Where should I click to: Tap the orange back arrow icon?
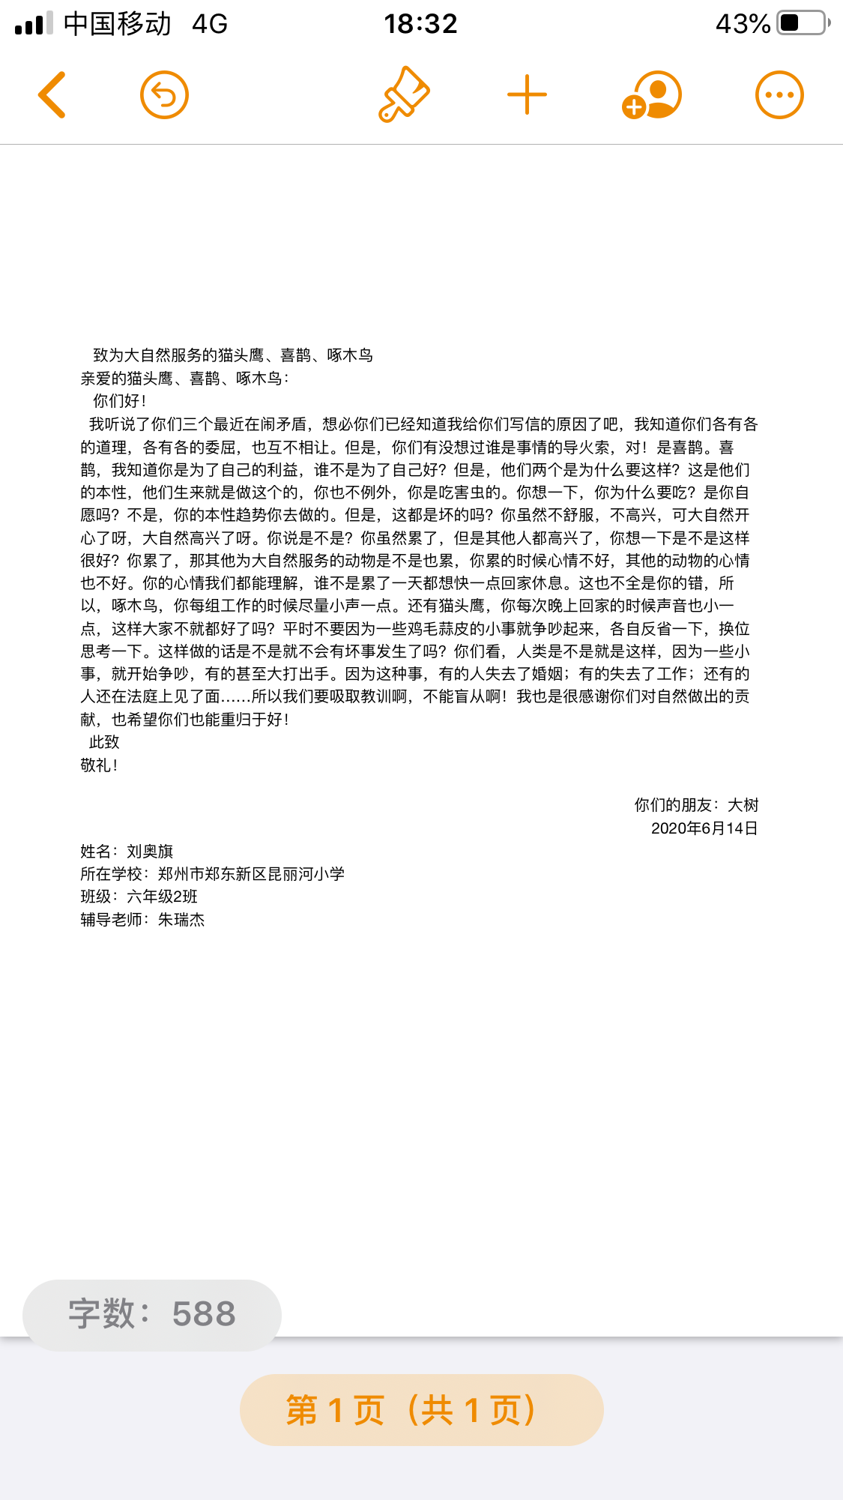coord(52,95)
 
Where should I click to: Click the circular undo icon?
coord(164,95)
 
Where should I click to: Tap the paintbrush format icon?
coord(404,94)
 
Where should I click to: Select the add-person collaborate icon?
coord(651,95)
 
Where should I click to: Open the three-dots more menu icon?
coord(779,95)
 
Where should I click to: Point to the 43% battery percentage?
coord(742,24)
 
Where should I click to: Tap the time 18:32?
coord(420,24)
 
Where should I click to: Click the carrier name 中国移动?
coord(117,24)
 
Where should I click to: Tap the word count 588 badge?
coord(152,1315)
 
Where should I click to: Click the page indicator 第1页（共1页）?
coord(421,1410)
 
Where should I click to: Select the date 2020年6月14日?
coord(704,828)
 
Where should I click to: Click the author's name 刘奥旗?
coord(150,852)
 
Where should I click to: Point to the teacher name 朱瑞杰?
coord(181,920)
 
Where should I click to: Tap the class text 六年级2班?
coord(162,897)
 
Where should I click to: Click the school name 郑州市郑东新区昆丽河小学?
coord(251,874)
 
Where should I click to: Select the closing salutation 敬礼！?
coord(99,765)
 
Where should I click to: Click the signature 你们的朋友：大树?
coord(696,805)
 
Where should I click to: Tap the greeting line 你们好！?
coord(119,401)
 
